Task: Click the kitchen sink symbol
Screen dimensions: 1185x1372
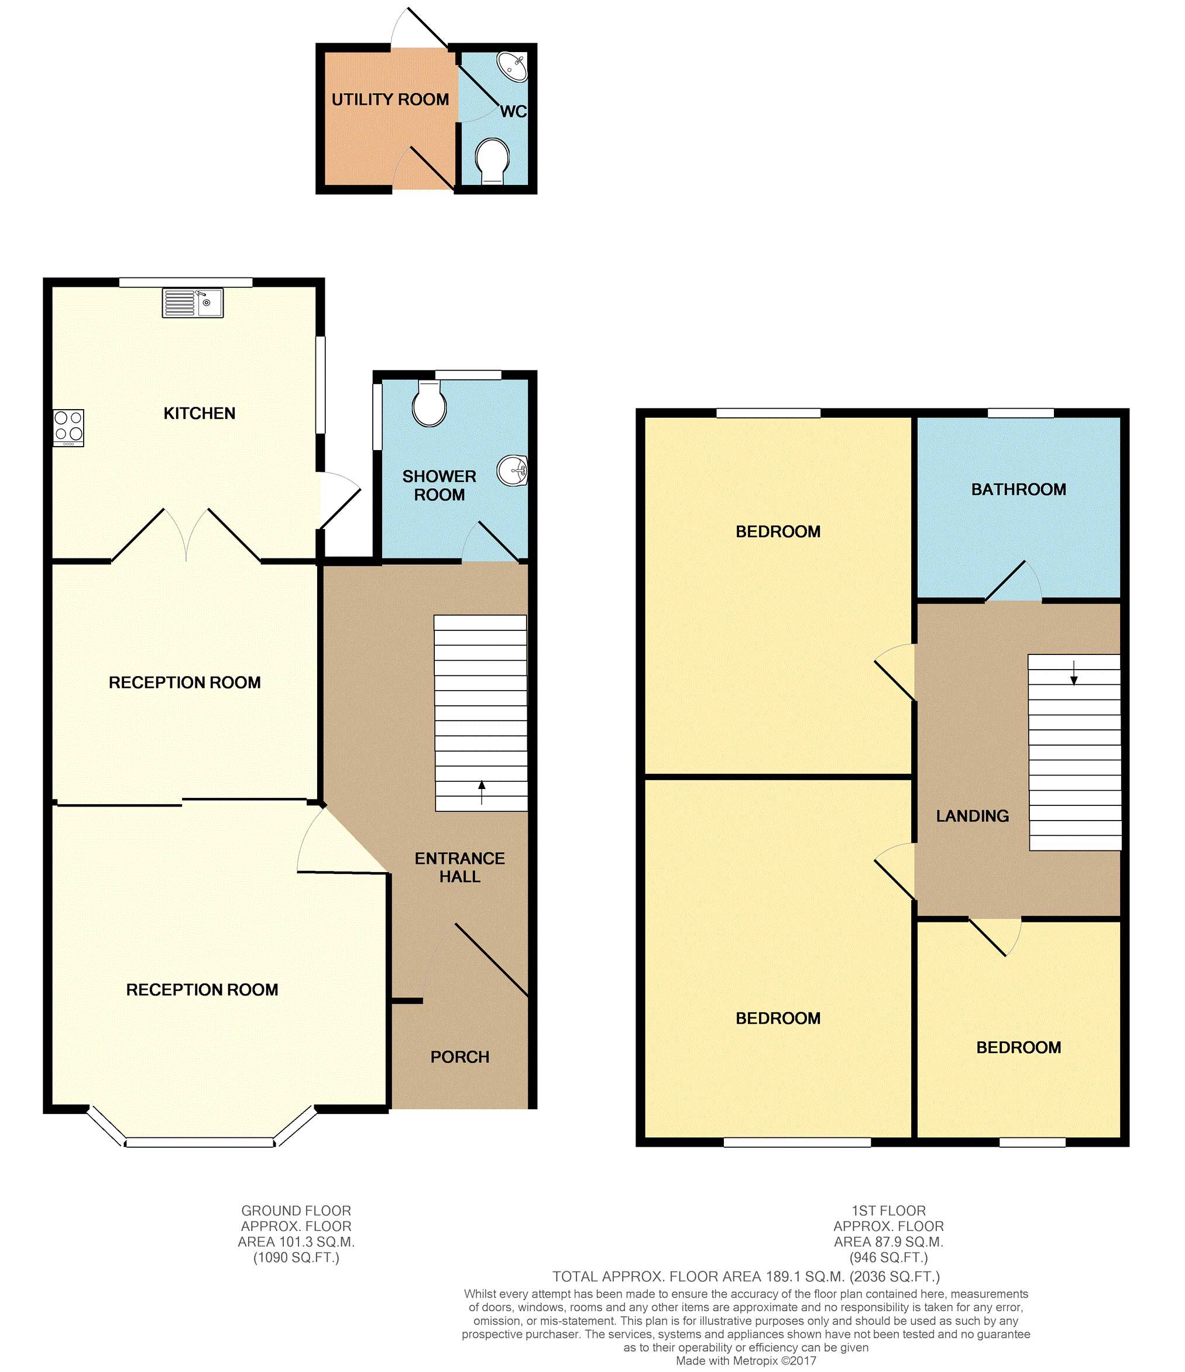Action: pos(193,303)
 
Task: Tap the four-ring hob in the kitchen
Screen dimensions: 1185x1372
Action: pos(69,428)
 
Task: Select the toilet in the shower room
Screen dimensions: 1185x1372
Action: pos(429,403)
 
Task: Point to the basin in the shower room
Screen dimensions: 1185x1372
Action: pos(514,471)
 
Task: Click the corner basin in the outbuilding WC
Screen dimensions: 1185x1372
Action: pos(514,66)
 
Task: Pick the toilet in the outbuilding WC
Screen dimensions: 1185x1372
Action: pos(493,161)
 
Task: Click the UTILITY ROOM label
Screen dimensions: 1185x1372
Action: pos(390,100)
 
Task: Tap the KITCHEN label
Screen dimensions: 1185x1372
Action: pos(200,413)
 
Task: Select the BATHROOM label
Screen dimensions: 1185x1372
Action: pos(1019,489)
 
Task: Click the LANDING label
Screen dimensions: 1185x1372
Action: pos(973,816)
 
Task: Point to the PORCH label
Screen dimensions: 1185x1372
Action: pos(460,1057)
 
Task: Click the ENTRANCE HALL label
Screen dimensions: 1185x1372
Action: pos(460,867)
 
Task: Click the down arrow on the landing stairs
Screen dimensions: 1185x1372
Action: pos(1074,673)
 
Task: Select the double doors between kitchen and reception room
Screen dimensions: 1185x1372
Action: pos(186,534)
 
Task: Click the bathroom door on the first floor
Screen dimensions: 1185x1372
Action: pos(1014,581)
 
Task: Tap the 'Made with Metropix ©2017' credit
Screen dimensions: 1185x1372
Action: pos(746,1361)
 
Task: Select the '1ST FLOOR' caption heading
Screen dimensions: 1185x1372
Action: pos(888,1210)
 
